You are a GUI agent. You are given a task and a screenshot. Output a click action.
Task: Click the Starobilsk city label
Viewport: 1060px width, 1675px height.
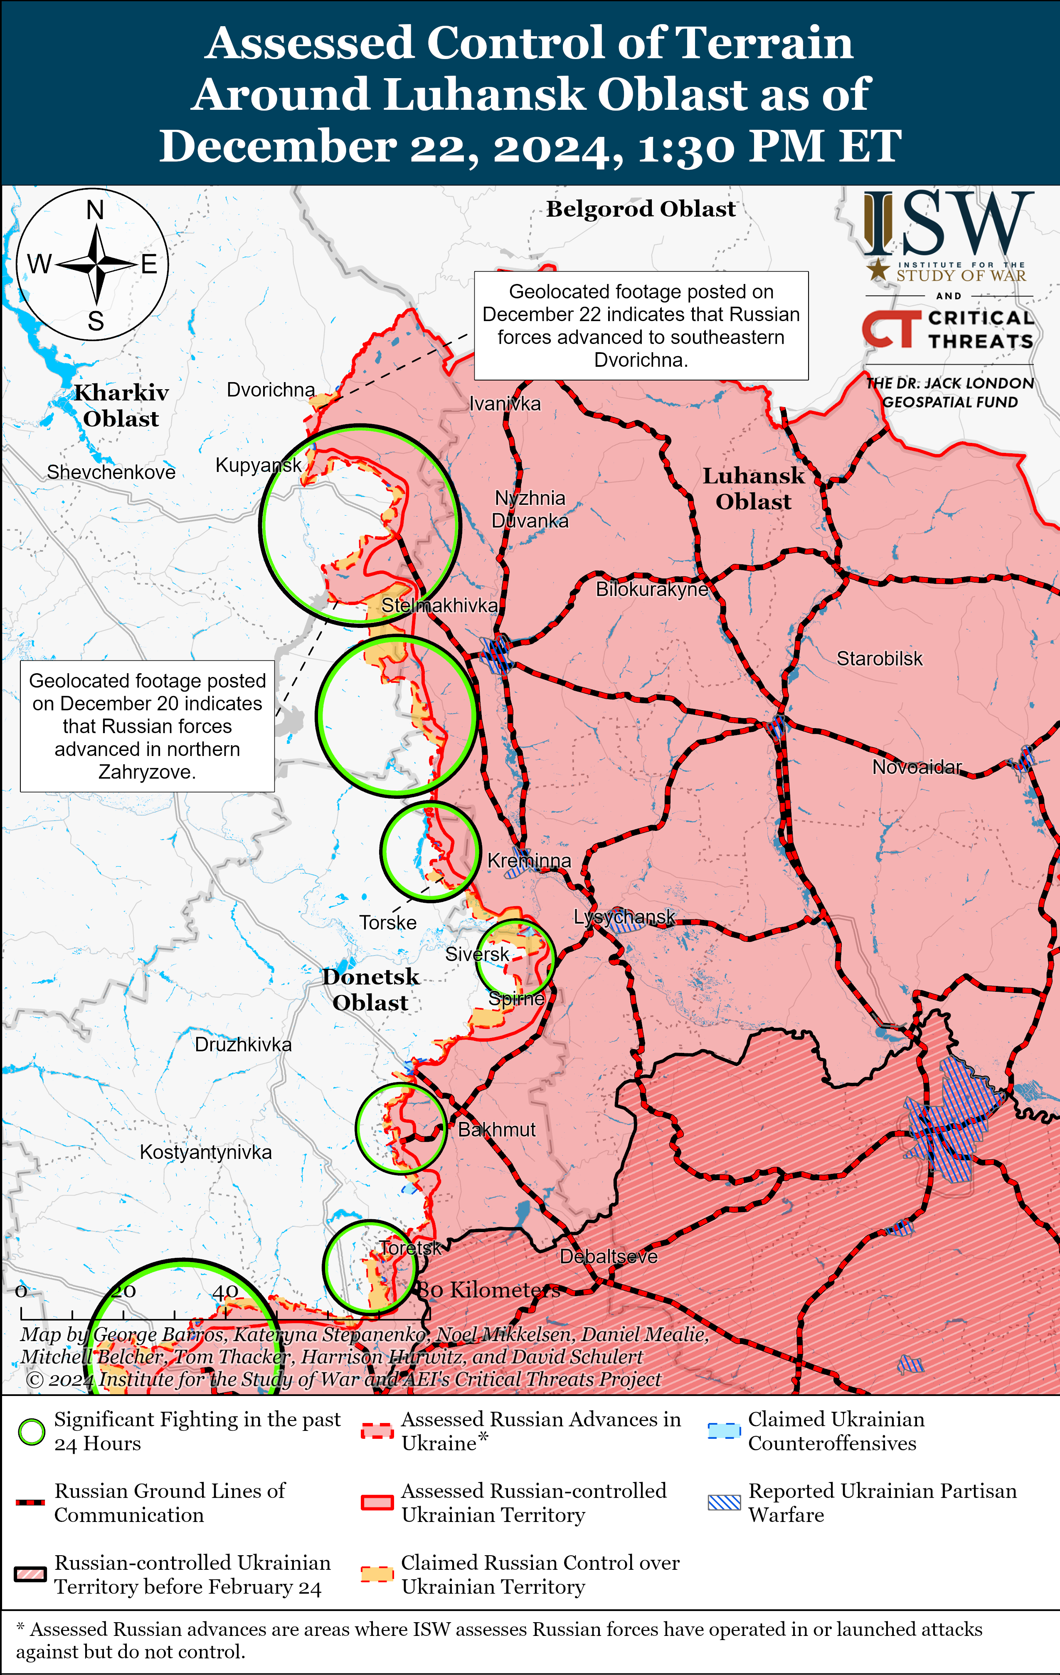pyautogui.click(x=879, y=659)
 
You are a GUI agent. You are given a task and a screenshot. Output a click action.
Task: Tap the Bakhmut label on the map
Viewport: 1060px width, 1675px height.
pyautogui.click(x=497, y=1130)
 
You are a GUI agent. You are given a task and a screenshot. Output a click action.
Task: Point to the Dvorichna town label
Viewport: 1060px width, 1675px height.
pyautogui.click(x=271, y=390)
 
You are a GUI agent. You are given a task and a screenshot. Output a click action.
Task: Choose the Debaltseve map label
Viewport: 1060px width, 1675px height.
pyautogui.click(x=609, y=1256)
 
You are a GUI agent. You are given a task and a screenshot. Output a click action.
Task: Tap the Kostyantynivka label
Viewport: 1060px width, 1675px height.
pyautogui.click(x=205, y=1152)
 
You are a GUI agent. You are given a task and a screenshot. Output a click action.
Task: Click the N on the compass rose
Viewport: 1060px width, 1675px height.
pyautogui.click(x=95, y=210)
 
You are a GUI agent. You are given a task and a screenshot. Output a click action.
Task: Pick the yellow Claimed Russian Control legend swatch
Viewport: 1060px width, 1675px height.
pyautogui.click(x=377, y=1574)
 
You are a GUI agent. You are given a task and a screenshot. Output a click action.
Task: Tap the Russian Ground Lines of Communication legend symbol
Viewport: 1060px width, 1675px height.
pyautogui.click(x=31, y=1502)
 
